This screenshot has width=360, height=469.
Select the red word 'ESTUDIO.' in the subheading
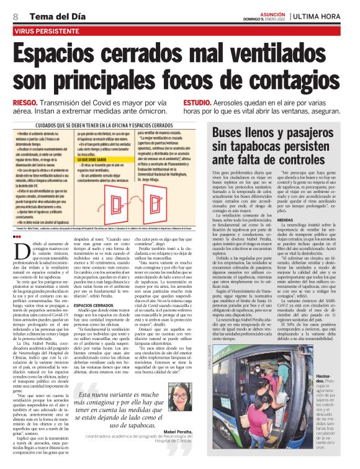click(199, 102)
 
